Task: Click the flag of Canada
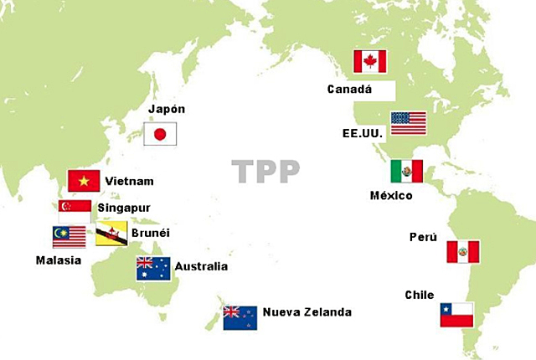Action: click(x=369, y=61)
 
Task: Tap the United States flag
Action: click(x=408, y=123)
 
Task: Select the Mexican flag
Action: click(x=406, y=172)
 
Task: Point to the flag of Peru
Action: click(x=462, y=251)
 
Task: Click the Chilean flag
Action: click(x=456, y=315)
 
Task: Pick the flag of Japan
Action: click(x=160, y=134)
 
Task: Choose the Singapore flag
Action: click(x=75, y=209)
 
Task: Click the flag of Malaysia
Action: click(x=69, y=237)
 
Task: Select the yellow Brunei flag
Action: click(x=111, y=234)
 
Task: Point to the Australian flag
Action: click(x=153, y=268)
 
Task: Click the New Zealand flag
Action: click(x=240, y=316)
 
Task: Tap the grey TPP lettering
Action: click(x=265, y=170)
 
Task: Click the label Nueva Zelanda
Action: click(x=307, y=312)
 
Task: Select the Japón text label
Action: click(x=166, y=109)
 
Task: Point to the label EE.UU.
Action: click(x=361, y=132)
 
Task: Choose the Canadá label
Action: click(x=350, y=88)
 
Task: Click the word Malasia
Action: click(x=59, y=260)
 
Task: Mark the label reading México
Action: click(x=391, y=196)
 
